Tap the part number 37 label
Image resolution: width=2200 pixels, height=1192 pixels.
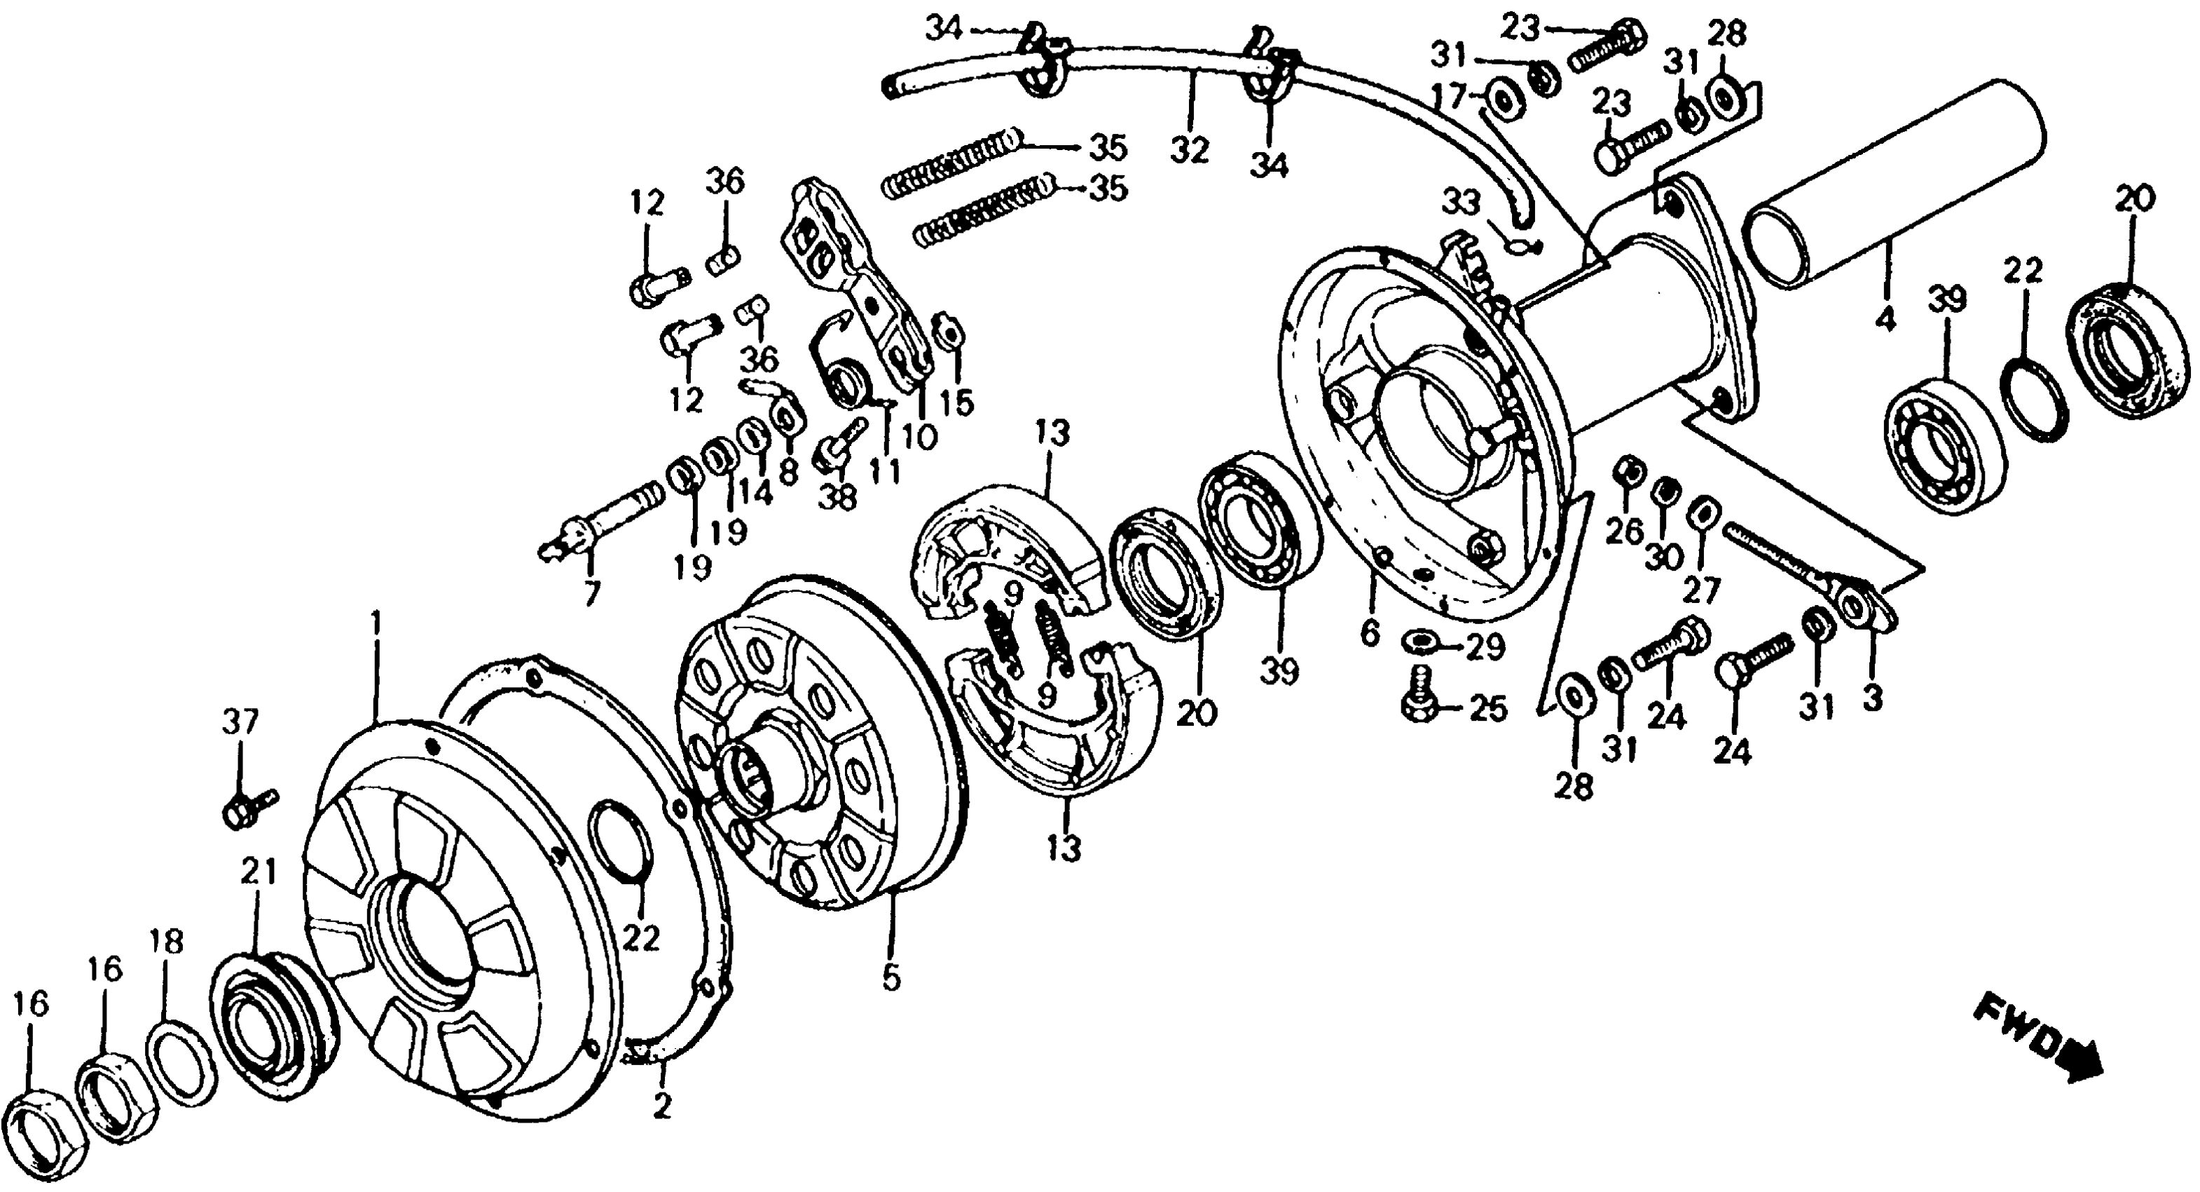[x=240, y=723]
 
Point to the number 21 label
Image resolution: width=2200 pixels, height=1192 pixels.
[x=259, y=872]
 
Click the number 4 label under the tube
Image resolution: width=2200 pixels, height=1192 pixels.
[x=1885, y=320]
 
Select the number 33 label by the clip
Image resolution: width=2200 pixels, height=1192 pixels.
[x=1463, y=203]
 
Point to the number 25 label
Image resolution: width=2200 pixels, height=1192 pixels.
[x=1487, y=708]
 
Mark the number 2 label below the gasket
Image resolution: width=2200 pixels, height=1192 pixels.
[x=662, y=1106]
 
